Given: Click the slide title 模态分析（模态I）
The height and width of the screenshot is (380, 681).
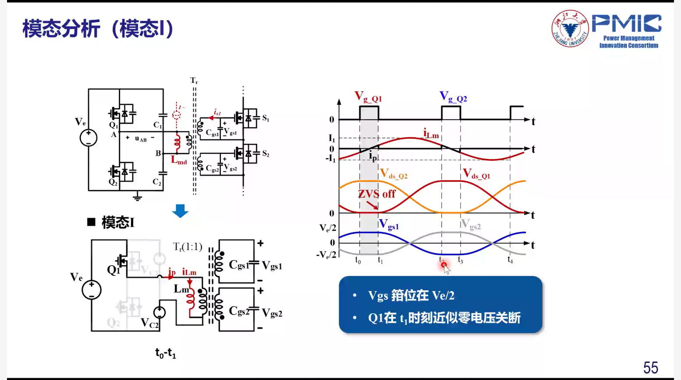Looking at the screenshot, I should [x=98, y=29].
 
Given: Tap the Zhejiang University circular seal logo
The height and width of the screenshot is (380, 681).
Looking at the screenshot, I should [x=570, y=29].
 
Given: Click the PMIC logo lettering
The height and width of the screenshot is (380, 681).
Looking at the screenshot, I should [x=627, y=24].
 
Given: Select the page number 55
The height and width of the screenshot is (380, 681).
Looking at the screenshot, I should [x=651, y=367].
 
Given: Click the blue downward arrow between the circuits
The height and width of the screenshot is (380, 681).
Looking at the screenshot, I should [x=180, y=211].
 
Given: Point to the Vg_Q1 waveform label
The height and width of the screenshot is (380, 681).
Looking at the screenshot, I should [x=368, y=97].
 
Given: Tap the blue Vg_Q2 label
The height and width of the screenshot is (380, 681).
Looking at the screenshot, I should [x=453, y=97].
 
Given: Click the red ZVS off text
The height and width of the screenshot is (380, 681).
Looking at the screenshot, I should [x=376, y=194].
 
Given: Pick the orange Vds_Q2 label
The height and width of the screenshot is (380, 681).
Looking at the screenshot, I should [x=394, y=174].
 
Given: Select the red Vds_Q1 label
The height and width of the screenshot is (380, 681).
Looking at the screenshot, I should [x=476, y=174].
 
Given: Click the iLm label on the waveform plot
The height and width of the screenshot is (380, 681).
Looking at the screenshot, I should [x=431, y=133].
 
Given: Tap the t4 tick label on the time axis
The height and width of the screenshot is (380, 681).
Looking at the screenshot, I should [x=510, y=260].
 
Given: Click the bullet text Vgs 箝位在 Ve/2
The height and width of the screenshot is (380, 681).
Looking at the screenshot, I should [x=411, y=296].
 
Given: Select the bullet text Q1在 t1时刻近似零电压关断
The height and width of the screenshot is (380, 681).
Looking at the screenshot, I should [x=444, y=318].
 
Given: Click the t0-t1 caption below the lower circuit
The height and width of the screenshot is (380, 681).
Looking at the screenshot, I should [x=166, y=353].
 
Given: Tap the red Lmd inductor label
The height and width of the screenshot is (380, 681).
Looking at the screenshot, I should [x=179, y=160].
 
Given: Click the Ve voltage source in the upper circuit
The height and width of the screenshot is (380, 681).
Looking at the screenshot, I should [x=89, y=137].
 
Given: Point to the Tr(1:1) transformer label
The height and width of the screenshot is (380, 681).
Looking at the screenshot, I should [x=188, y=247].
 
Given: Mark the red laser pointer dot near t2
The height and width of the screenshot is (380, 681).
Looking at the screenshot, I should [x=444, y=265].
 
